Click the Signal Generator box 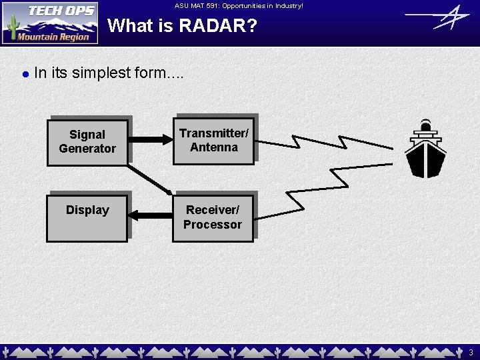(87, 141)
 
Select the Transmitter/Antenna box (213, 140)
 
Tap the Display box (87, 217)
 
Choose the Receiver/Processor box (213, 217)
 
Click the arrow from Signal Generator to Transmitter (150, 140)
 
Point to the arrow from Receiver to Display (150, 215)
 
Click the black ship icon (425, 149)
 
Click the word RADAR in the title (221, 27)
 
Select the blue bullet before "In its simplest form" (25, 74)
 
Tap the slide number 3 (471, 351)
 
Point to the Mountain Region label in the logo (53, 37)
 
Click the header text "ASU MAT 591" (200, 5)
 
